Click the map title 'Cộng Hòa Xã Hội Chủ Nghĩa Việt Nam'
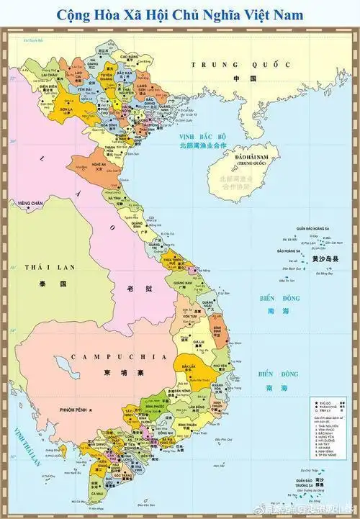(179, 14)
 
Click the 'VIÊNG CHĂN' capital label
(32, 204)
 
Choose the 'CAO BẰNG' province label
(130, 55)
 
